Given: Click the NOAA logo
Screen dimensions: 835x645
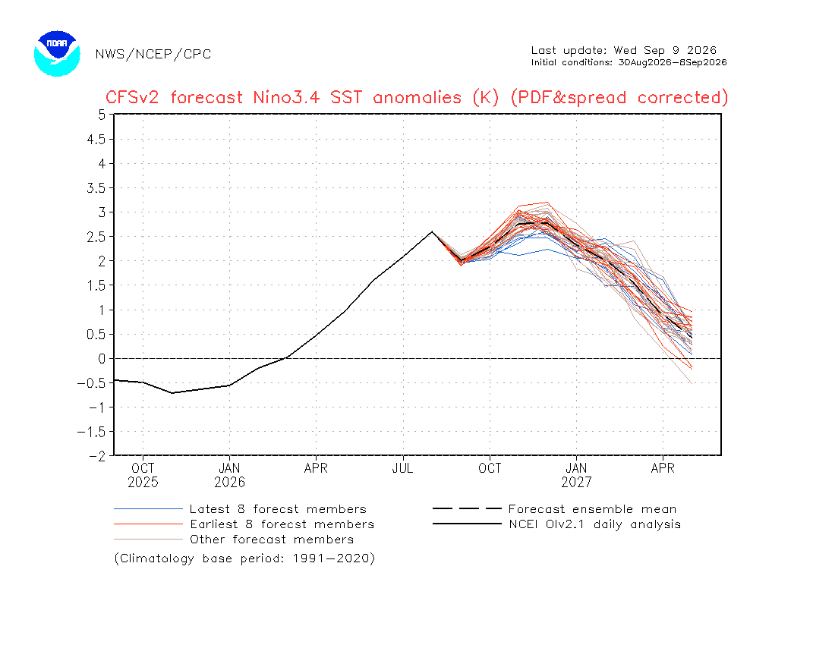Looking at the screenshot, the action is point(57,53).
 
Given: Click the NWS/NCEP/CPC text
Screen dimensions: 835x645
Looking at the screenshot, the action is point(153,55).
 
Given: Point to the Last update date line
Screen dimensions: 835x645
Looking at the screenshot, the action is point(623,51).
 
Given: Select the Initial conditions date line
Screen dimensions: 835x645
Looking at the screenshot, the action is point(629,62).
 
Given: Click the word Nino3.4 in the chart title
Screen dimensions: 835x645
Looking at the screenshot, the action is point(286,97).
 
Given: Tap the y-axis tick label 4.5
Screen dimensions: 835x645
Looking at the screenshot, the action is point(96,139).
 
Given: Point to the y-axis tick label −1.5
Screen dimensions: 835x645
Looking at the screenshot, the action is point(92,432).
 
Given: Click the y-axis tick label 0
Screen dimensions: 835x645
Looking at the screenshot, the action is point(102,359).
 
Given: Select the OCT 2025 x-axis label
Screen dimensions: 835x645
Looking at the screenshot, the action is point(143,475).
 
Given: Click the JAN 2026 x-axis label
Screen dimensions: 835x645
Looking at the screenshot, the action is point(229,475).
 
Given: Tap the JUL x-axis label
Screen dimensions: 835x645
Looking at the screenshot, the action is point(402,468).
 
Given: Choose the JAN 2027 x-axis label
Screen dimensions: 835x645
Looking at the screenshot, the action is point(576,475).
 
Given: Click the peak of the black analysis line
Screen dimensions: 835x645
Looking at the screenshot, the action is point(432,231).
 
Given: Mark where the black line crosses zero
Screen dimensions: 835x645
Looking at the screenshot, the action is point(286,359).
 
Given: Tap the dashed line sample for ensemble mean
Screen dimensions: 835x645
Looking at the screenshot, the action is point(467,508).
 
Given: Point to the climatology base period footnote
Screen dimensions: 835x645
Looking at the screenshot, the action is point(244,558).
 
